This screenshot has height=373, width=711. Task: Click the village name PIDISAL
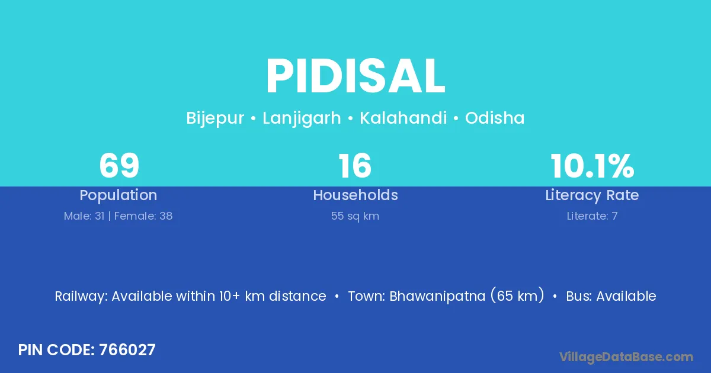coord(355,76)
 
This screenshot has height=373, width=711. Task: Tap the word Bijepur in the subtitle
coord(215,118)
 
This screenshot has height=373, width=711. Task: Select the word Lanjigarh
coord(302,118)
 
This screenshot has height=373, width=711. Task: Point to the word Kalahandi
coord(403,118)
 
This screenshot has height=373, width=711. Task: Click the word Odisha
coord(495,118)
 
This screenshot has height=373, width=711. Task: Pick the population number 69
coord(119,166)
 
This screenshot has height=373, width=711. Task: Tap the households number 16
coord(355,166)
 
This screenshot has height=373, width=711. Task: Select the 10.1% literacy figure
coord(592,166)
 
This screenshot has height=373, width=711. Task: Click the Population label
coord(118,195)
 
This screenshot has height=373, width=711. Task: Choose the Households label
coord(355,195)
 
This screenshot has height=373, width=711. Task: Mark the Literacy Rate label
coord(592,195)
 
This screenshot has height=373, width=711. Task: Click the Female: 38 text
coord(143,216)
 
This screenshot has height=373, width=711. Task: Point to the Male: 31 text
coord(84,216)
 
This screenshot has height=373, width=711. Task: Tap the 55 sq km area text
coord(355,216)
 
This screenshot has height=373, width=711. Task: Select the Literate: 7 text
coord(592,216)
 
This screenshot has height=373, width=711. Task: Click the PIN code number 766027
coord(127,350)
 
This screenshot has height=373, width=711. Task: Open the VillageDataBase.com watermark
coord(626,357)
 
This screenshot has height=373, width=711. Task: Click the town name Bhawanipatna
coord(437,296)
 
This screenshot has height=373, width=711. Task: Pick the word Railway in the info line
coord(81,296)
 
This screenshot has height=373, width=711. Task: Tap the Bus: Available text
coord(611,296)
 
